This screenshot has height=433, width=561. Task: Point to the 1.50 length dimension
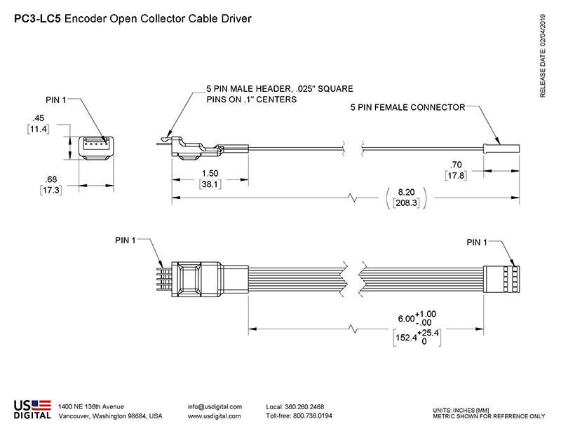point(208,174)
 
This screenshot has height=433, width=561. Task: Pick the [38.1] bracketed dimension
point(209,185)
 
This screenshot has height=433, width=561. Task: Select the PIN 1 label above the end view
point(55,100)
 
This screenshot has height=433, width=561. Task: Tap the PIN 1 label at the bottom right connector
point(481,242)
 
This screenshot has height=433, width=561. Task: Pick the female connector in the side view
point(500,148)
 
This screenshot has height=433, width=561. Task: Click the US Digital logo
point(32,409)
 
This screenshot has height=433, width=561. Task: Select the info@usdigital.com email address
point(215,406)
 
